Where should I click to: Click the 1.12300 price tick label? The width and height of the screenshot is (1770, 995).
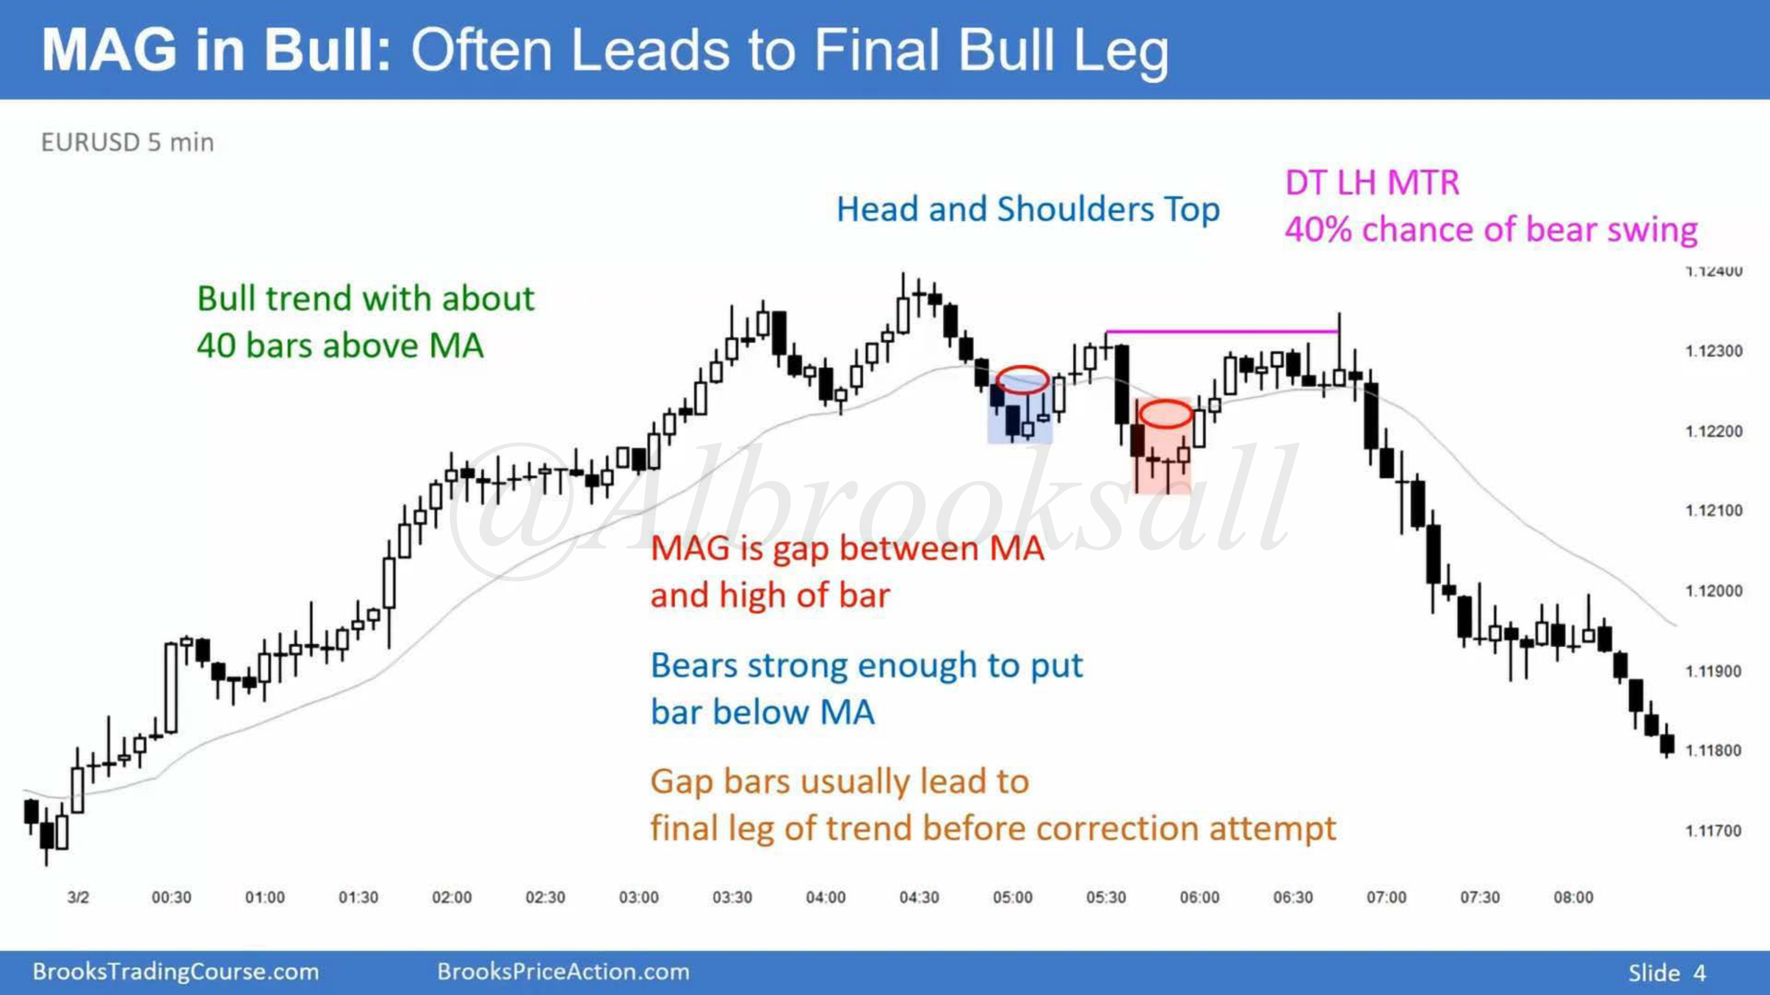(1713, 351)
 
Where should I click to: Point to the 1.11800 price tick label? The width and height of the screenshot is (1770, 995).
(1713, 751)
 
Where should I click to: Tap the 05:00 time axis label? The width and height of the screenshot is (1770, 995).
(1012, 897)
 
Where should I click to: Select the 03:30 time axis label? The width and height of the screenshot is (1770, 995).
(732, 897)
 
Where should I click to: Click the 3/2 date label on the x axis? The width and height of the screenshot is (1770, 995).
(77, 897)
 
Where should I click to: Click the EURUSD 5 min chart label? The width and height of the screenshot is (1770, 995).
(128, 142)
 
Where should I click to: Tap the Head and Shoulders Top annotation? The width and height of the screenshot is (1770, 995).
(1028, 209)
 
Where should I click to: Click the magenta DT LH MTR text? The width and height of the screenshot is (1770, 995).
(1372, 182)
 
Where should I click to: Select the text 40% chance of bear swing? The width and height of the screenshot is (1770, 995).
(1491, 229)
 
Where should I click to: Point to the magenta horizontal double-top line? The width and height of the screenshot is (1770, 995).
(1222, 332)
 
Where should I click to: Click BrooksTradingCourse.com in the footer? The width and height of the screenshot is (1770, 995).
(176, 972)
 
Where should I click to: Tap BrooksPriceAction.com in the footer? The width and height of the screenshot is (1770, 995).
(564, 972)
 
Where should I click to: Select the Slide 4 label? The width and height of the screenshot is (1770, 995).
(1667, 972)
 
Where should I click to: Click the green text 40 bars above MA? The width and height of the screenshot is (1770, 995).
(340, 345)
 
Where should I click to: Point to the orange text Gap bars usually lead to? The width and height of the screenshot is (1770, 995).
(840, 781)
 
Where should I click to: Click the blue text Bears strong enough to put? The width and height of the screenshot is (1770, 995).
(867, 665)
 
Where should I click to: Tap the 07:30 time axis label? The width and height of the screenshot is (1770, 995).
(1479, 897)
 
